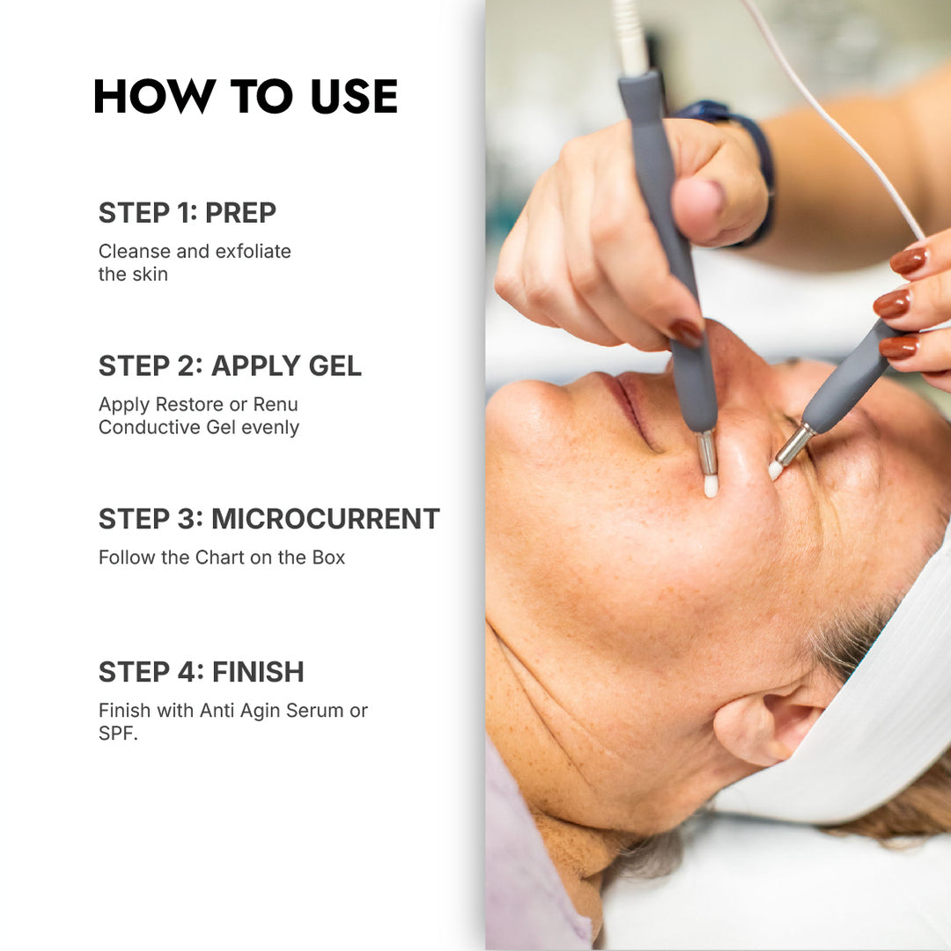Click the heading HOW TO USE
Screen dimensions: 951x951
pos(245,97)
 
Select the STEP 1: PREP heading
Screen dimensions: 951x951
pos(187,213)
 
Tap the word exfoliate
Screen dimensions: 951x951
pos(252,252)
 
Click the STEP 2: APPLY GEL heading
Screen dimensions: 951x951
pos(230,366)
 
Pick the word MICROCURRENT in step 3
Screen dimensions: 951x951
pos(325,520)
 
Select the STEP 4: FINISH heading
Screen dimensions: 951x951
pos(201,672)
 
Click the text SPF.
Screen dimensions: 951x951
pos(118,734)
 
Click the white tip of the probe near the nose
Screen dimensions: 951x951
pos(711,485)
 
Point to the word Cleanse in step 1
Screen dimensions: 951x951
pos(134,252)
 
